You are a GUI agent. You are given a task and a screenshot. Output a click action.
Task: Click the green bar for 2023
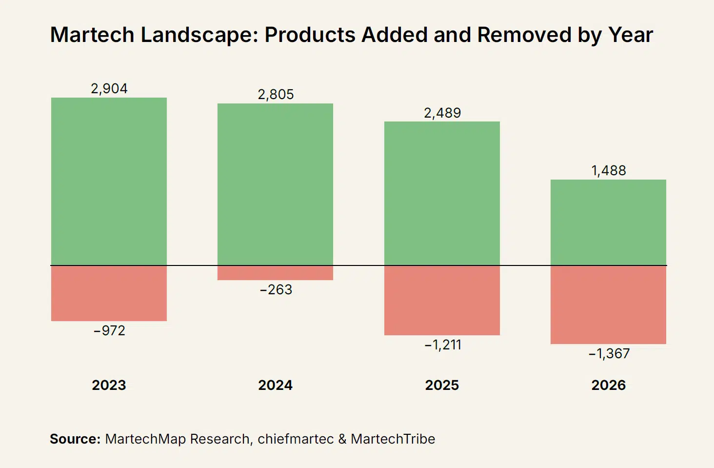109,181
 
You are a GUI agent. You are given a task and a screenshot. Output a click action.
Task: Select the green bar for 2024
276,184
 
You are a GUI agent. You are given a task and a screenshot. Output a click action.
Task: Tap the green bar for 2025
442,193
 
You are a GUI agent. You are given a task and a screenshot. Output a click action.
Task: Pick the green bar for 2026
609,223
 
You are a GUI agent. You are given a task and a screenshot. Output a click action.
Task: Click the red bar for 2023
109,293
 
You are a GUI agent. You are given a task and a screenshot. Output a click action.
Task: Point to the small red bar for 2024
276,273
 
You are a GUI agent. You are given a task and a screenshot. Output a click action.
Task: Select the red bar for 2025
442,300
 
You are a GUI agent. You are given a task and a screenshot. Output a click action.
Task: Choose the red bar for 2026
609,305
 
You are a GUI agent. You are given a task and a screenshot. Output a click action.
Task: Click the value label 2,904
109,89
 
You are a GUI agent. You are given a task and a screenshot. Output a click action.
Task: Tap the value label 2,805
276,95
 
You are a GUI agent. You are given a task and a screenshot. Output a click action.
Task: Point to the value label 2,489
442,113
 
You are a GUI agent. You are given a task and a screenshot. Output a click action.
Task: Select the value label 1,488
609,171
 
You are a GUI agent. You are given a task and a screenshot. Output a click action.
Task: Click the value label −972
109,330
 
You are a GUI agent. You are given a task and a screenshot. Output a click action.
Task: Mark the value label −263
276,290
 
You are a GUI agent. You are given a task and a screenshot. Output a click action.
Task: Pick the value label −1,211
443,345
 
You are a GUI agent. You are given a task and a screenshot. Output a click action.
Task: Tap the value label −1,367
609,354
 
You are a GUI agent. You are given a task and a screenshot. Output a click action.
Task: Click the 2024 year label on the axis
276,386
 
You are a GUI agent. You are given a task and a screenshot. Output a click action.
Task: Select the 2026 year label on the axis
609,386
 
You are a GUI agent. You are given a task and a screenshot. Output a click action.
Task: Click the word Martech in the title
93,35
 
